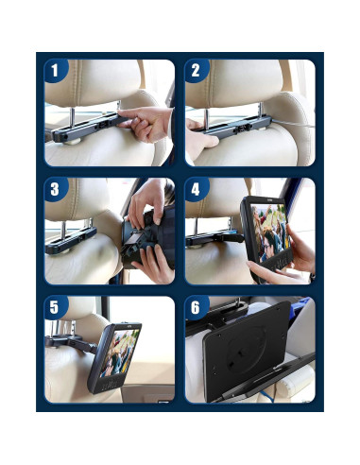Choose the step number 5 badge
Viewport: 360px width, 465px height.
55,309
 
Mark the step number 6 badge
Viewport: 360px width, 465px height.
196,309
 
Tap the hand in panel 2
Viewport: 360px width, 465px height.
203,142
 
